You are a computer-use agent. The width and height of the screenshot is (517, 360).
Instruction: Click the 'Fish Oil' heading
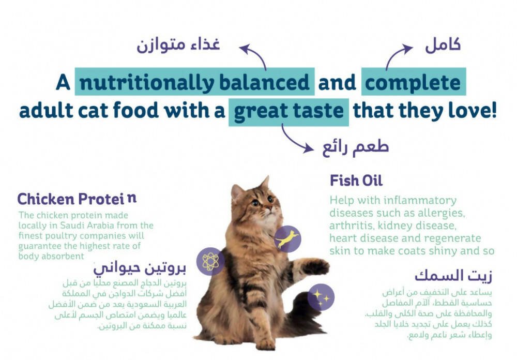tap(356, 181)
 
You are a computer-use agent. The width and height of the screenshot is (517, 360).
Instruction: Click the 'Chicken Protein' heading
tap(77, 199)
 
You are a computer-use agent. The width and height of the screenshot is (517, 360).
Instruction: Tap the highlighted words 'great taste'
tap(288, 111)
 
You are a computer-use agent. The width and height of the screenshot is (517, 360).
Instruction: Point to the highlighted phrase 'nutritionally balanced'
tap(194, 82)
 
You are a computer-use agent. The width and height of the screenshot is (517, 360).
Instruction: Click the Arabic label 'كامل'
tap(443, 45)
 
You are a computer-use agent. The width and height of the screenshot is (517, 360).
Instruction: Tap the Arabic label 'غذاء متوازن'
tap(178, 45)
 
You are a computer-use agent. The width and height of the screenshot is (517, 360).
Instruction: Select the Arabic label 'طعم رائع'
tap(356, 147)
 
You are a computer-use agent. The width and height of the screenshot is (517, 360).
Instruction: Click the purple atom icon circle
tap(210, 261)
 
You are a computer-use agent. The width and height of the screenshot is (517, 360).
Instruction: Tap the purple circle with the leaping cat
tap(287, 239)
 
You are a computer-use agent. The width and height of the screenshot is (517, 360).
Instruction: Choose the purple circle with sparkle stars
tap(321, 297)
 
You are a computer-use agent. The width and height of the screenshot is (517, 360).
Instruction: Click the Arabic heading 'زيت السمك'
tap(453, 276)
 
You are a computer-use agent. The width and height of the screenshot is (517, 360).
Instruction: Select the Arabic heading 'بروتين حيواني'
tap(140, 268)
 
